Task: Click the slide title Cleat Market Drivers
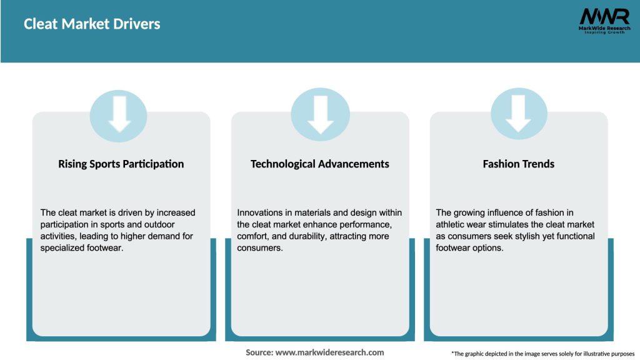tap(92, 24)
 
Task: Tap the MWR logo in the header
tap(604, 21)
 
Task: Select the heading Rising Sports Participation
tap(121, 164)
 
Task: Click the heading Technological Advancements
tap(319, 164)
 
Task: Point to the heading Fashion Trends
tap(518, 164)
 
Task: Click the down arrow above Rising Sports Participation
tap(119, 114)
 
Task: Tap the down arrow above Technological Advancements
tap(321, 115)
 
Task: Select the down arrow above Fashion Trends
tap(518, 114)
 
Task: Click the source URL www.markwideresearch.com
tap(329, 352)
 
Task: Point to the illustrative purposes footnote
tap(543, 354)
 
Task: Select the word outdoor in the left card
tap(159, 224)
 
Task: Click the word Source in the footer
tap(259, 352)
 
